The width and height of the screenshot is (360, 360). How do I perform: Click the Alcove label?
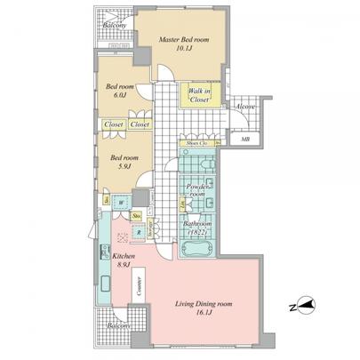[x=245, y=106]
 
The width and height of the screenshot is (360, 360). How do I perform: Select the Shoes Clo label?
[x=197, y=142]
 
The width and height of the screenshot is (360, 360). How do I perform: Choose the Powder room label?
[x=197, y=191]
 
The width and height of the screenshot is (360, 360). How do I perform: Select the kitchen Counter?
[x=140, y=284]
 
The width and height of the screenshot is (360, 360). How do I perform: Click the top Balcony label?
[x=113, y=26]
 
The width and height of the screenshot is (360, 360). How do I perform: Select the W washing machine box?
[x=119, y=201]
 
